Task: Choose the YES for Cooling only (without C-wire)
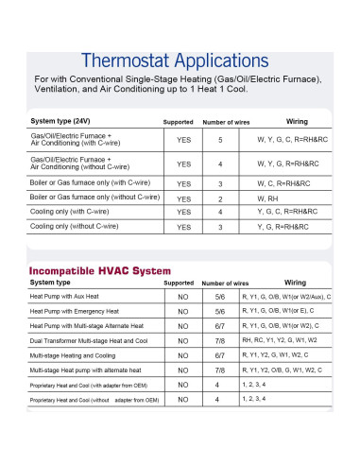point(183,228)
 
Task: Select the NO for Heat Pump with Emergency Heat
point(183,311)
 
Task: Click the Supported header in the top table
point(178,123)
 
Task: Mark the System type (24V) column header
point(61,122)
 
